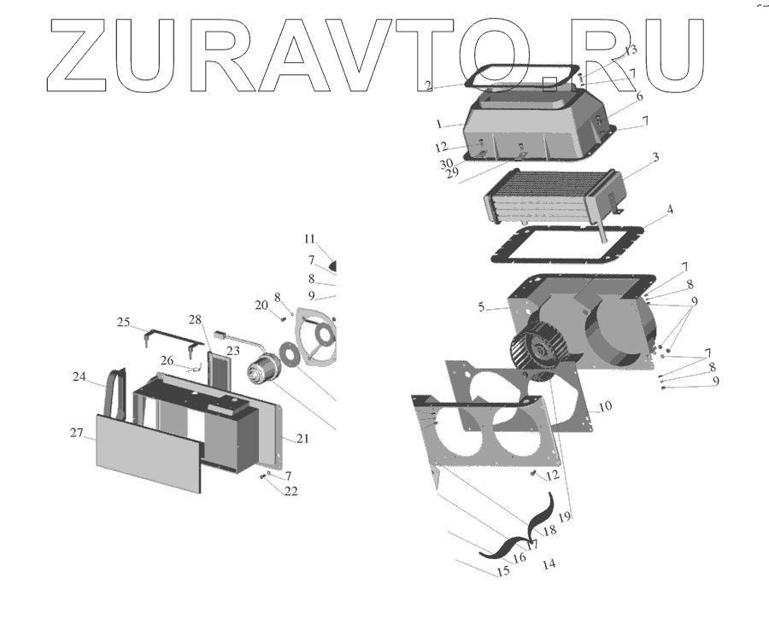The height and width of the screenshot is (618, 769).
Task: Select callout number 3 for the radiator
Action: tap(655, 158)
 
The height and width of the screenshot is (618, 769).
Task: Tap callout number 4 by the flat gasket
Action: tap(670, 209)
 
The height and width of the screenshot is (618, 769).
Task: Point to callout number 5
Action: tap(482, 307)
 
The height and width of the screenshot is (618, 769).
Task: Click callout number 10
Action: tap(606, 407)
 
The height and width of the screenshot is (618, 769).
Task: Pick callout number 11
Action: tap(309, 239)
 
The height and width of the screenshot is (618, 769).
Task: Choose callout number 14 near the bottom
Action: tap(549, 564)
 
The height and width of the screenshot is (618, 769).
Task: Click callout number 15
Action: tap(503, 572)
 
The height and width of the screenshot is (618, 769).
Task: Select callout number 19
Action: tap(565, 517)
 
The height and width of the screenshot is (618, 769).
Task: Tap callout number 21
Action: tap(302, 439)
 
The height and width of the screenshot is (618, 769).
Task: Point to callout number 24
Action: tap(79, 376)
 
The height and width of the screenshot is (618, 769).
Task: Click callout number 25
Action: tap(123, 323)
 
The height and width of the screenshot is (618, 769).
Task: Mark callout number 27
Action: tap(76, 433)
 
